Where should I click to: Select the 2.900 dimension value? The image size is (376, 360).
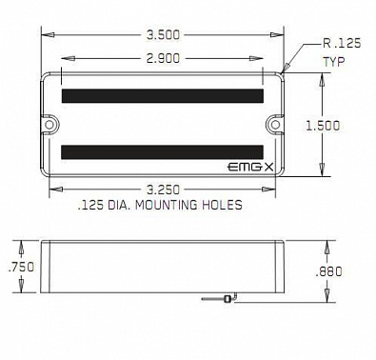click(164, 59)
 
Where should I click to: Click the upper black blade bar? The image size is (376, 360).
click(163, 95)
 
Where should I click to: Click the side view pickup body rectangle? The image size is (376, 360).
click(164, 267)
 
